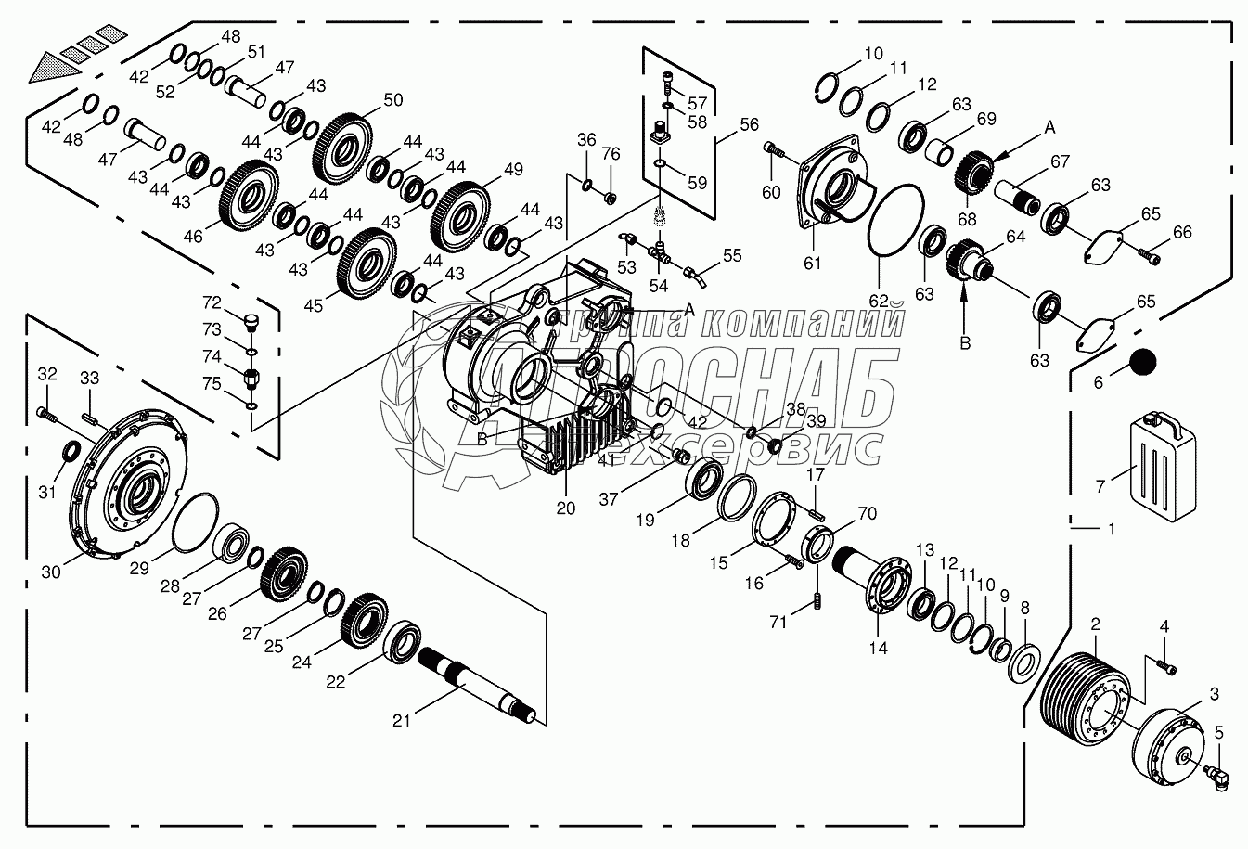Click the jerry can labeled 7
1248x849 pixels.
tap(1163, 467)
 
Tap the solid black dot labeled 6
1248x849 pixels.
tap(1143, 362)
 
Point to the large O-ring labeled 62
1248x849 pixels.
tap(896, 220)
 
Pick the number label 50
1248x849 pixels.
tap(393, 100)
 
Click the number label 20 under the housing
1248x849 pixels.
tap(565, 508)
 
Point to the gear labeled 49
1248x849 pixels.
tap(461, 215)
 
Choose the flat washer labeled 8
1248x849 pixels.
tap(1024, 663)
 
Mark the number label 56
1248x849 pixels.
tap(750, 124)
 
